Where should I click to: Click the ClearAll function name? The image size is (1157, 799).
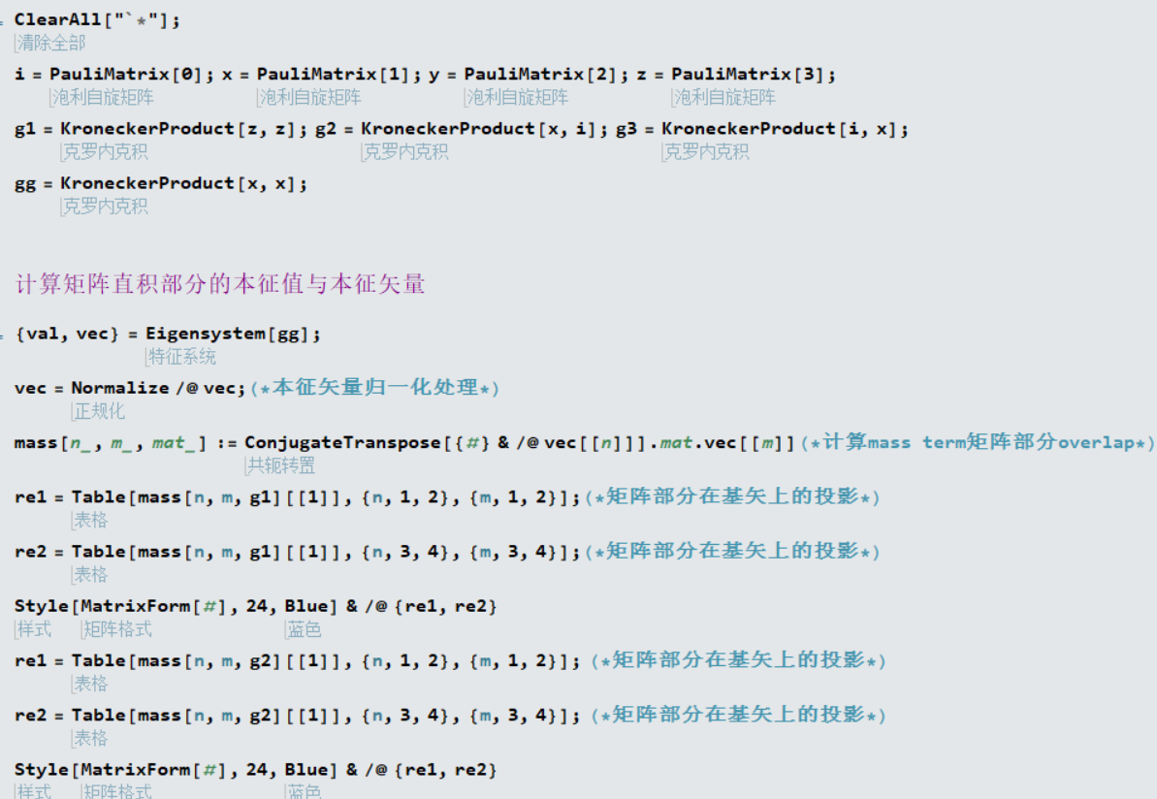[57, 20]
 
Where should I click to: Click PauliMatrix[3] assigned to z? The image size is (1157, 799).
[748, 75]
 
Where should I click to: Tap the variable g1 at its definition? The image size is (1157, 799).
[25, 129]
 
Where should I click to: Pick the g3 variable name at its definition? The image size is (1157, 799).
[627, 129]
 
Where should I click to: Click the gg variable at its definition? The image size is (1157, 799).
[25, 184]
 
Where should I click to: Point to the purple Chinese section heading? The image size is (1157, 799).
[220, 284]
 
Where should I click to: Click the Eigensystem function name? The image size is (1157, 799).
[206, 335]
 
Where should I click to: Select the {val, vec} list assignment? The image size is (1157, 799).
[66, 335]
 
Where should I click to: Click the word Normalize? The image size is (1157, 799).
[120, 388]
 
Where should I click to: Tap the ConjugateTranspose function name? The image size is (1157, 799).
[343, 443]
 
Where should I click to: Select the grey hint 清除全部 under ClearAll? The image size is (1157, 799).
[51, 43]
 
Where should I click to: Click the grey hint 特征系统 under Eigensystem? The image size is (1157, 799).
[182, 357]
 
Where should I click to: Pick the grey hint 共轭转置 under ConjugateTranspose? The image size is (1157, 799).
[281, 465]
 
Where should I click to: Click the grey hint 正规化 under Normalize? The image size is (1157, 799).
[100, 412]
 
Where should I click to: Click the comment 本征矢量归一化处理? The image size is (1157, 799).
[375, 387]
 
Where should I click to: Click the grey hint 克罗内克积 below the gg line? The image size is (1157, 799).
[106, 207]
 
